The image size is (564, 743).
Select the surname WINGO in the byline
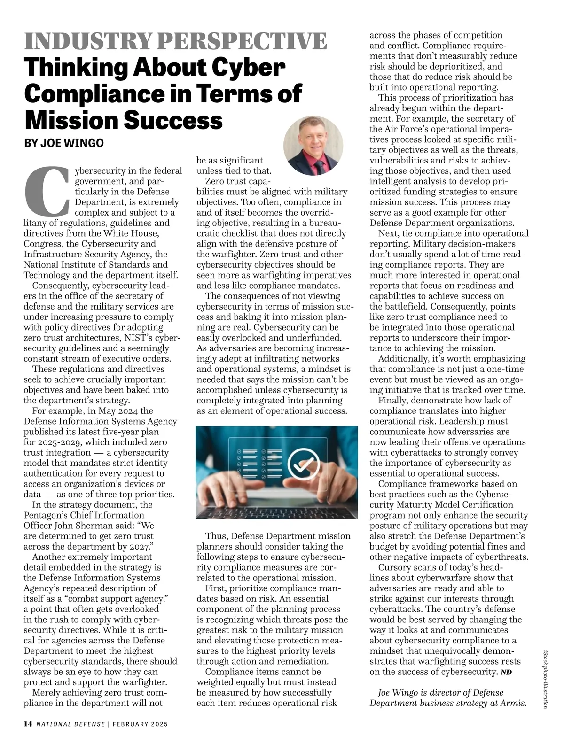click(x=84, y=143)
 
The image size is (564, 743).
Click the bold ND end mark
click(x=506, y=673)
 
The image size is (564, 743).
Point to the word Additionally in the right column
click(x=405, y=359)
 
